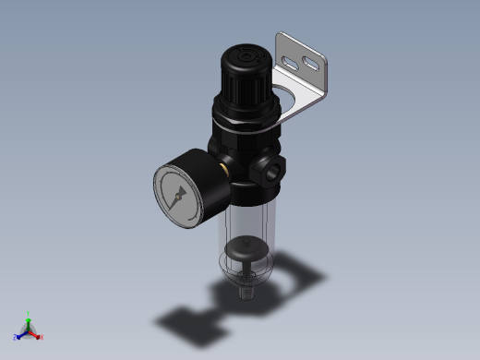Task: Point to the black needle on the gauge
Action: click(x=178, y=195)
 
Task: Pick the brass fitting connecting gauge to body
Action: click(x=225, y=170)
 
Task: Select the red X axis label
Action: click(x=42, y=337)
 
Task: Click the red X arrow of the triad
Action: click(x=35, y=334)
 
